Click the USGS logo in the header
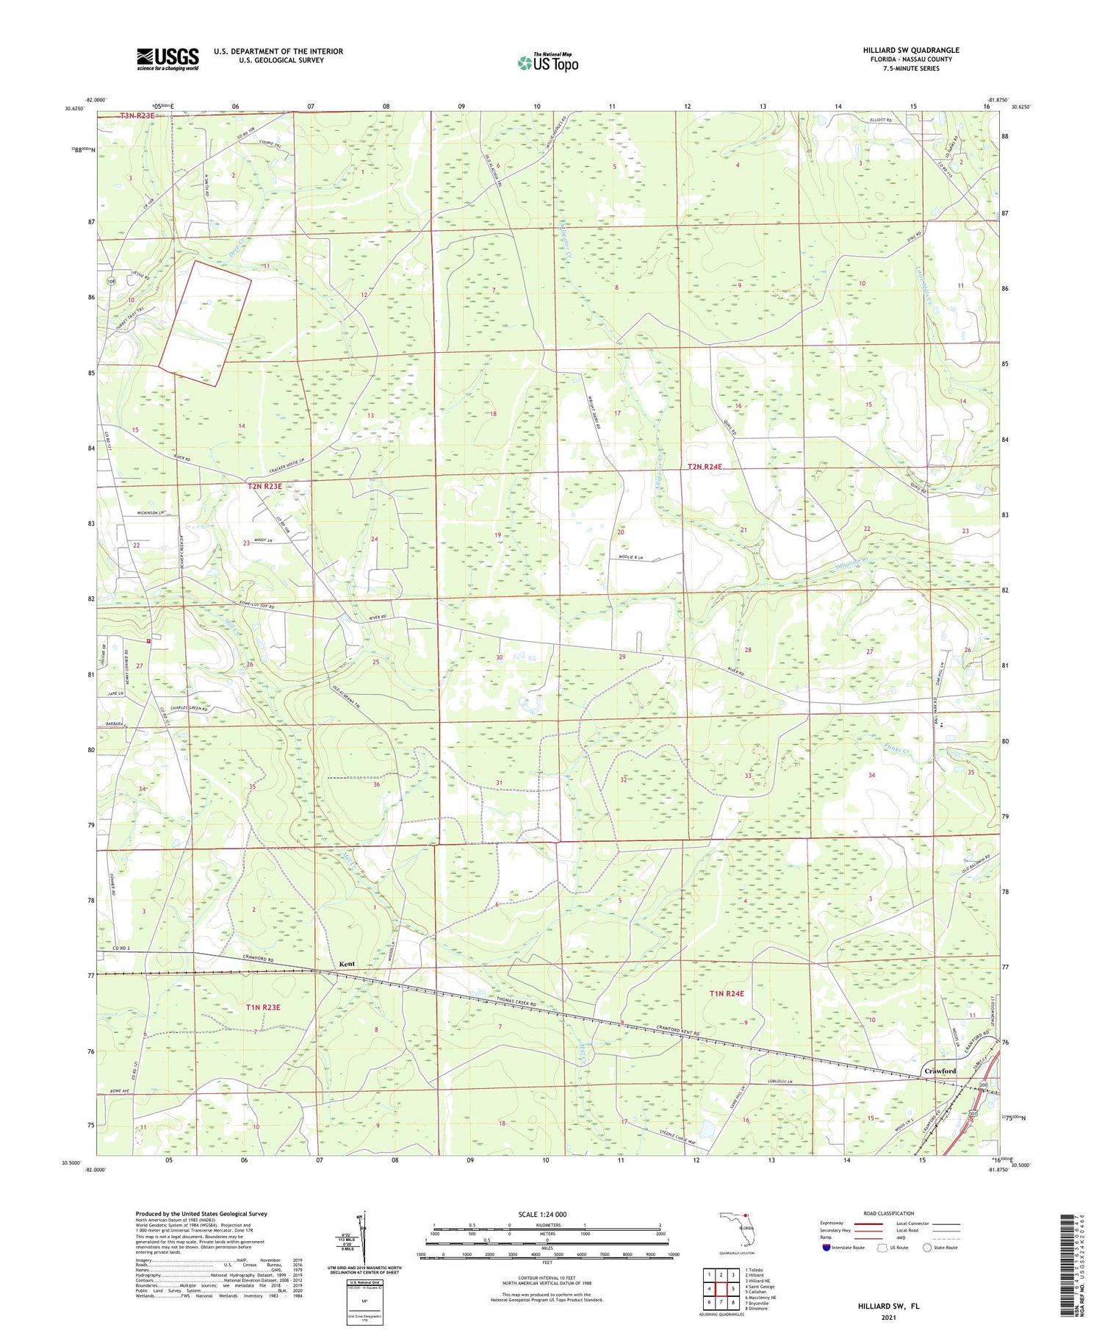(x=168, y=59)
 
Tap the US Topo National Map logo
(x=547, y=62)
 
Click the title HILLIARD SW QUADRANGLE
(x=910, y=50)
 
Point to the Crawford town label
(x=940, y=1071)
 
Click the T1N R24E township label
(x=727, y=994)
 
